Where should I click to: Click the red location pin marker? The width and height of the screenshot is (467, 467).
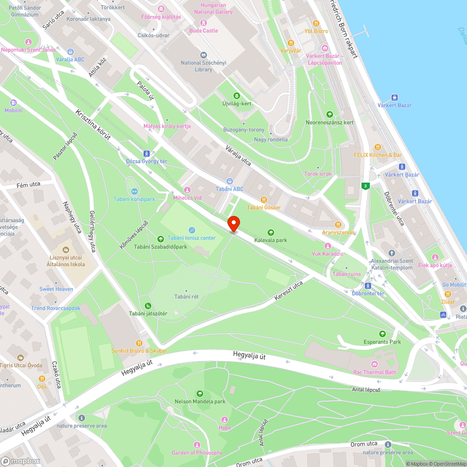(233, 224)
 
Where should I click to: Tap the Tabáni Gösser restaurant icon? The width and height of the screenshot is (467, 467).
(264, 199)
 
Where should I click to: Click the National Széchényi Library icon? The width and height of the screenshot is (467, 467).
(203, 55)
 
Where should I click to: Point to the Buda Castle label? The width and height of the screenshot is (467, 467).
(203, 30)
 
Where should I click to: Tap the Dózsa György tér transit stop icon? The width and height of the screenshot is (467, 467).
(147, 153)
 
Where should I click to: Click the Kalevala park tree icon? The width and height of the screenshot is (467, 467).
(270, 232)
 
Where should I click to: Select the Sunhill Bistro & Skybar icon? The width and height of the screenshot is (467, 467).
(139, 343)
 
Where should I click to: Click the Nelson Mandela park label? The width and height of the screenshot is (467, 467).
(200, 401)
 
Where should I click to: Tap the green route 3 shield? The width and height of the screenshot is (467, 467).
(365, 186)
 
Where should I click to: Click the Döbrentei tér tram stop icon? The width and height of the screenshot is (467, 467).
(368, 285)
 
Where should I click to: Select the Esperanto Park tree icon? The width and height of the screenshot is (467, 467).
(382, 334)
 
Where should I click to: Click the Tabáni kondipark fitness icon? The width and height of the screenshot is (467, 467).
(134, 191)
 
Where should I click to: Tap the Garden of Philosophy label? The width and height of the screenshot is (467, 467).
(197, 453)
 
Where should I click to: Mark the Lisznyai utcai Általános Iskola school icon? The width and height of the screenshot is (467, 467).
(65, 249)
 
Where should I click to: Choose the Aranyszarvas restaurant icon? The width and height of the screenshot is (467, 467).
(338, 225)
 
